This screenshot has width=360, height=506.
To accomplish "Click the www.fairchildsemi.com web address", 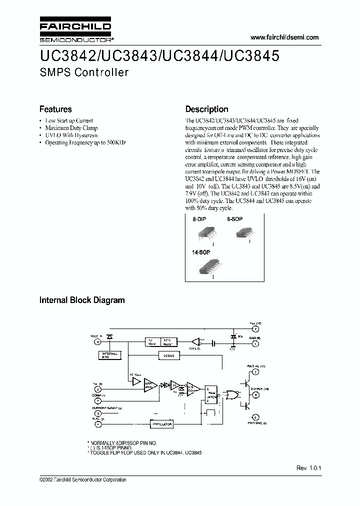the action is pos(283,37).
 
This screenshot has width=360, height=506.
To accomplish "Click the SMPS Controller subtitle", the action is pos(84,72).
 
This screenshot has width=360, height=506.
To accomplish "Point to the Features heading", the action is pos(55,109).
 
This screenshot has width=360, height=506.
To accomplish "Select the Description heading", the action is pos(207,109).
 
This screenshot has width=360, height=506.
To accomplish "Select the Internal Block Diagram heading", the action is pos(82,300).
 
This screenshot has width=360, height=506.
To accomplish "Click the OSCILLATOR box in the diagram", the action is pos(161,423).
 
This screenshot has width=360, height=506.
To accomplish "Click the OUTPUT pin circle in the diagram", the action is pos(255,394).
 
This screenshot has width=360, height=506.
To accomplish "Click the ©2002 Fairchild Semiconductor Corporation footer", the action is pos(83,480).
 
